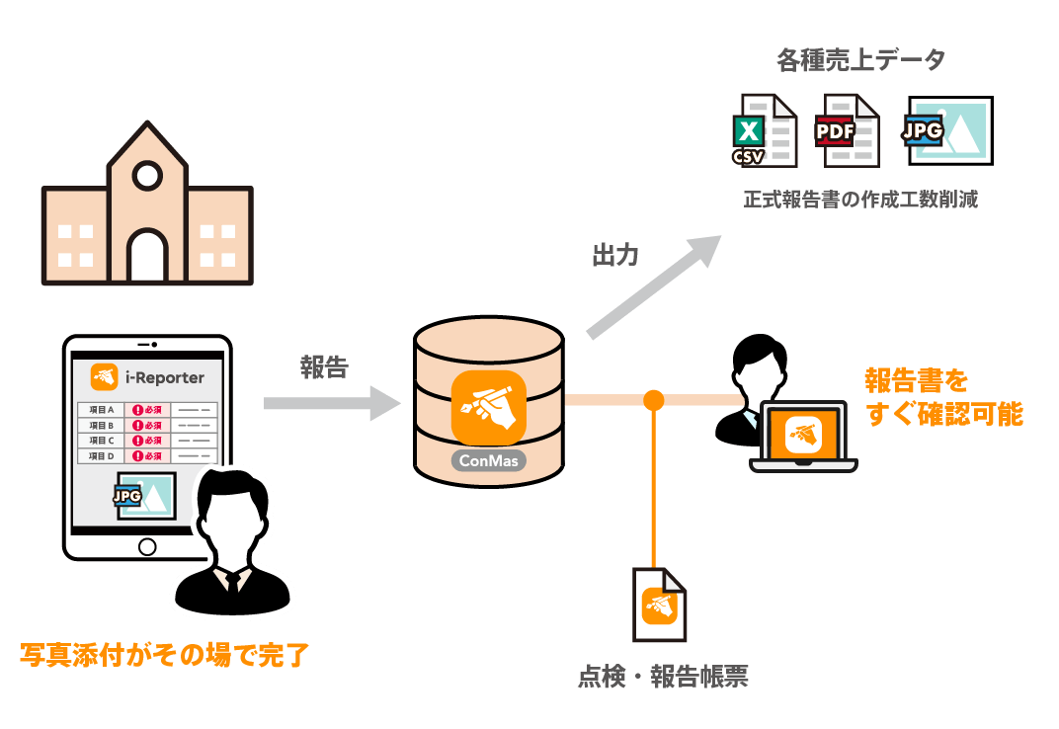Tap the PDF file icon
point(847,130)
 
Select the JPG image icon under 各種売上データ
point(947,130)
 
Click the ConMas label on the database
point(488,460)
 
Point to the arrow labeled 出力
point(652,286)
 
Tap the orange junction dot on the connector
point(653,400)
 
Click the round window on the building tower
point(147,176)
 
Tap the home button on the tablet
point(147,546)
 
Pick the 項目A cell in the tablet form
point(102,410)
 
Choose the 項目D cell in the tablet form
point(102,456)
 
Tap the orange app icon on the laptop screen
point(804,434)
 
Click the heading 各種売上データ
point(860,60)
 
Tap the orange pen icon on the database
point(488,407)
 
